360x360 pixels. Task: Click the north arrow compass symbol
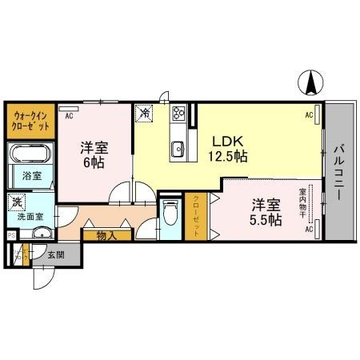tap(311, 82)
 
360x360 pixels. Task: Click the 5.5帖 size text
tap(265, 219)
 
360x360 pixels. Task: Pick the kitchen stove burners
tap(177, 114)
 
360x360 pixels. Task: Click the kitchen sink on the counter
tap(177, 148)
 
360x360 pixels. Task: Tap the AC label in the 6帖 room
tap(70, 115)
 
